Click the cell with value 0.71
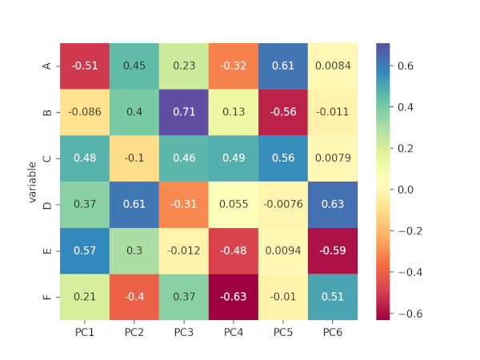[x=184, y=112]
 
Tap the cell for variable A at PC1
[x=85, y=66]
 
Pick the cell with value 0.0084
[x=333, y=66]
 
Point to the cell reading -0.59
[x=333, y=250]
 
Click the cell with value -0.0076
[x=283, y=205]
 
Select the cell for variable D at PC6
[x=333, y=205]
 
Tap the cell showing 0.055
[x=234, y=205]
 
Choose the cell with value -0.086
[x=85, y=112]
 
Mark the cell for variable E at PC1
[x=85, y=250]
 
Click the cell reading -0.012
[x=184, y=250]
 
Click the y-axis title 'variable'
[x=33, y=182]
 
